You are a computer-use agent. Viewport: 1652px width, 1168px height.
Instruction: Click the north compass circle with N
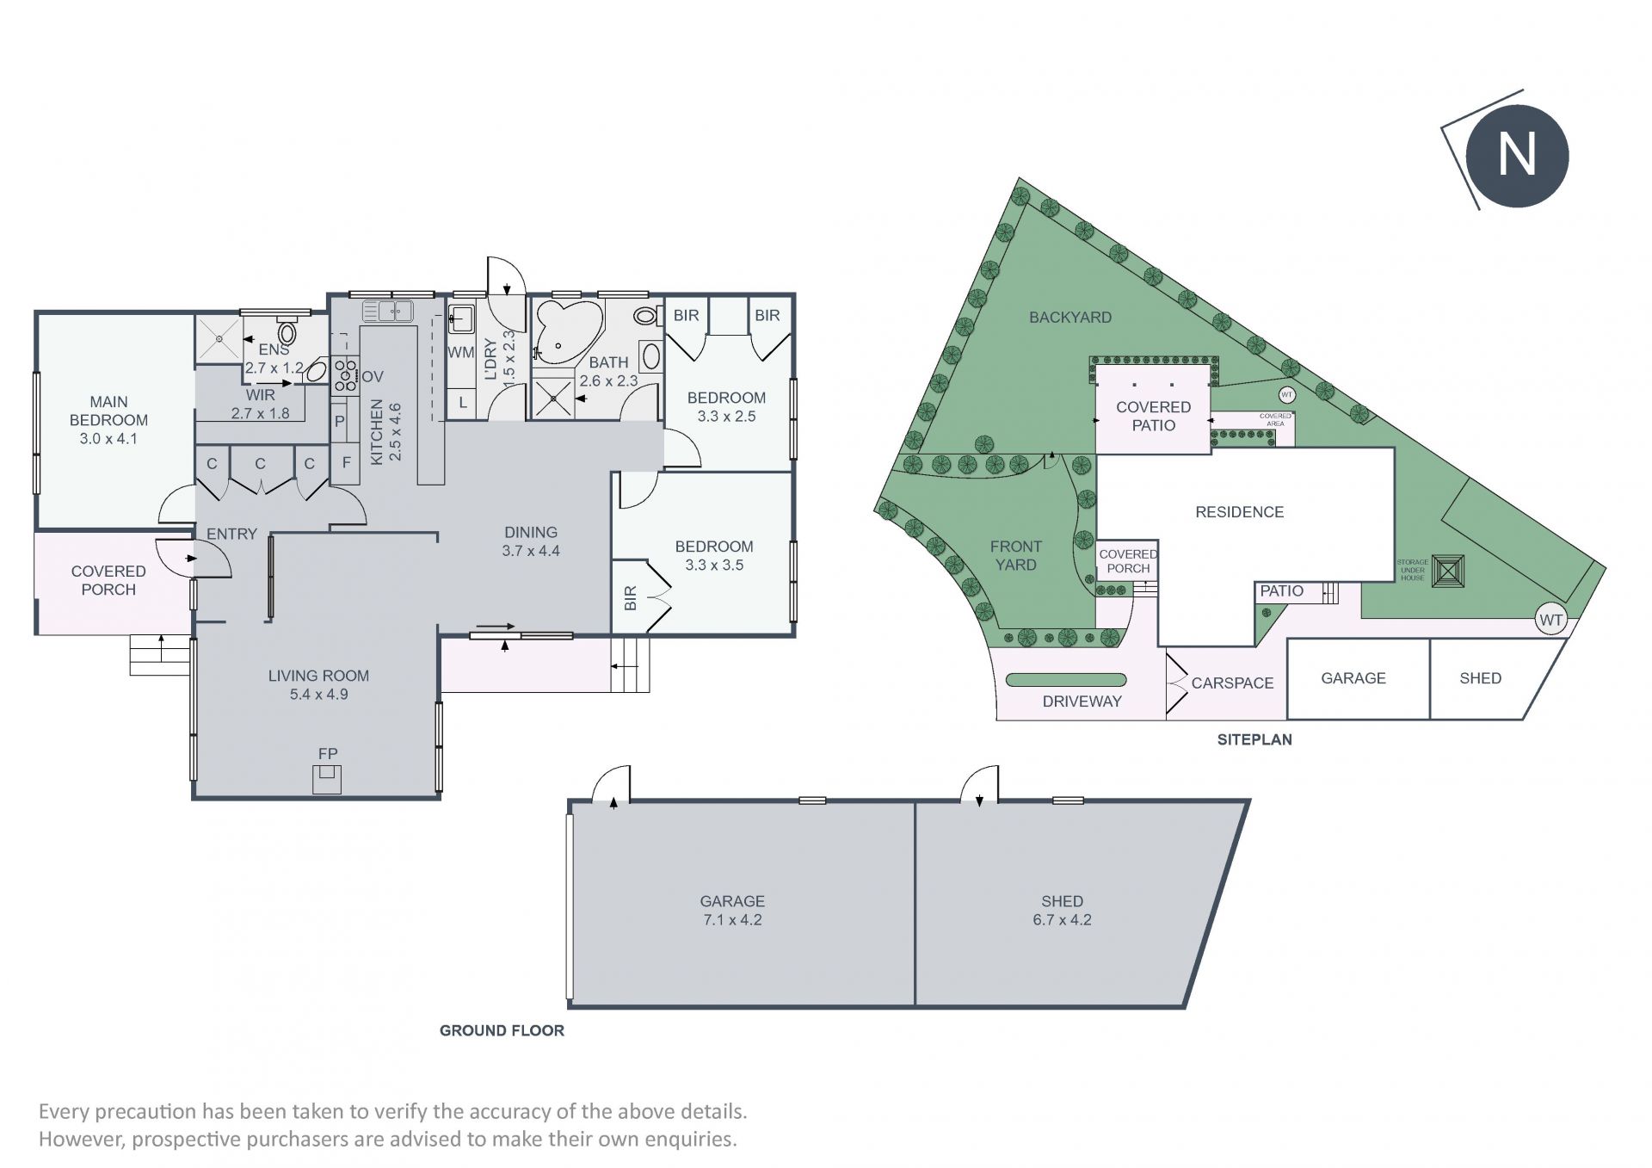click(1517, 156)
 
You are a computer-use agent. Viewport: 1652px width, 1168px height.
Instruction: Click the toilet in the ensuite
click(287, 331)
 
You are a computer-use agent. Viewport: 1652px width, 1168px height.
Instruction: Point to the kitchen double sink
click(388, 311)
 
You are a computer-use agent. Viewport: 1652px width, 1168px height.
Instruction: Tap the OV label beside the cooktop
click(373, 377)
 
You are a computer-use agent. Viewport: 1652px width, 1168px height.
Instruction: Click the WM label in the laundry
click(461, 352)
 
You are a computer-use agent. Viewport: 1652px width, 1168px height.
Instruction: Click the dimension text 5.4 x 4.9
click(318, 695)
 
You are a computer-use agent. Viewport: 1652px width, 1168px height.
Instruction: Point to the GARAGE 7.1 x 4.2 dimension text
click(732, 920)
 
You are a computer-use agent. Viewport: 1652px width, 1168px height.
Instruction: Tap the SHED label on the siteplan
click(1480, 678)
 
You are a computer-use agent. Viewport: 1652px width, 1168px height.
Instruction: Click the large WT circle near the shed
click(1550, 620)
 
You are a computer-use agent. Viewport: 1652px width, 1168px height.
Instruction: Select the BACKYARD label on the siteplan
click(1070, 318)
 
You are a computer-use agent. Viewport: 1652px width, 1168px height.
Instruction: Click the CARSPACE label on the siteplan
click(1232, 683)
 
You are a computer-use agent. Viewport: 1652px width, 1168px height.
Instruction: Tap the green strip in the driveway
click(1066, 680)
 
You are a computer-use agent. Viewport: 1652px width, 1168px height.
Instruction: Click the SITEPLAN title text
click(1254, 739)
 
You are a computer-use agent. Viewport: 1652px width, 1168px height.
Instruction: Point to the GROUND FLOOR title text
click(502, 1030)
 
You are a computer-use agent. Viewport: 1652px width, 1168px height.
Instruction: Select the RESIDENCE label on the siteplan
click(1239, 512)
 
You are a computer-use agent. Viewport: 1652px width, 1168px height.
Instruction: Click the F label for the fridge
click(346, 463)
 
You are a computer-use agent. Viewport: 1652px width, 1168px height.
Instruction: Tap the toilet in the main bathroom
click(646, 315)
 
